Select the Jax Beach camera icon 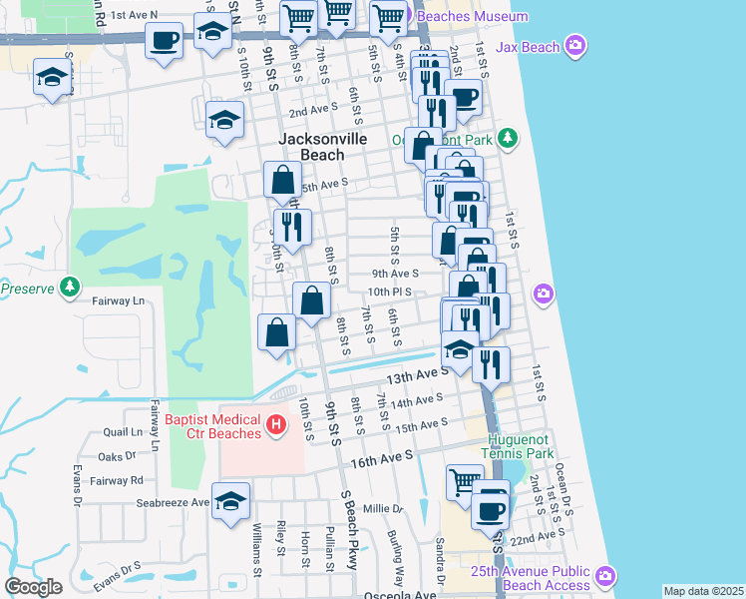[574, 45]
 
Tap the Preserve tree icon [69, 289]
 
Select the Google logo [33, 587]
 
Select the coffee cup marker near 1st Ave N [164, 42]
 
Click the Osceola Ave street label [399, 595]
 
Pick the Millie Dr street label [382, 509]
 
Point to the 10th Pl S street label [389, 292]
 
